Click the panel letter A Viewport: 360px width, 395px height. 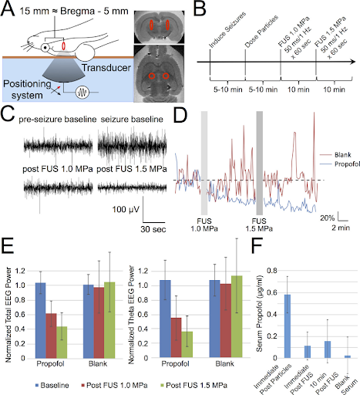(x=8, y=8)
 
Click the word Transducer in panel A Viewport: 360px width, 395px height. (x=106, y=68)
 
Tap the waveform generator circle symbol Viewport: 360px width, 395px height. (x=82, y=92)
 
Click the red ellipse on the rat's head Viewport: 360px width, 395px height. (x=63, y=46)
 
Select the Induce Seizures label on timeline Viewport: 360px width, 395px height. (x=227, y=29)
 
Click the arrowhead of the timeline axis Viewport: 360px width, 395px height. (x=353, y=62)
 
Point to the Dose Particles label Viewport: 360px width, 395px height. (x=261, y=32)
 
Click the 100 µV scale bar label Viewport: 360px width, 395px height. (x=126, y=209)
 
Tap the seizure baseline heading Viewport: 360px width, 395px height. (x=132, y=120)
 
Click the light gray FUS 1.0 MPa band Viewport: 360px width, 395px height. (x=204, y=163)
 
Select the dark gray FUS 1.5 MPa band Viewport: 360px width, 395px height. (x=260, y=163)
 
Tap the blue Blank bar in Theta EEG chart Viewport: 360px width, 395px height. (x=215, y=319)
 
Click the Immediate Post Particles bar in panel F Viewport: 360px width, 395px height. (x=288, y=326)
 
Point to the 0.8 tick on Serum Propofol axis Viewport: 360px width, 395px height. (x=272, y=271)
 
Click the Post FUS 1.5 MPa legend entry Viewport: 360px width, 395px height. (x=193, y=385)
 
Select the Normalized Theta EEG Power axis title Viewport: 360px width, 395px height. (x=131, y=315)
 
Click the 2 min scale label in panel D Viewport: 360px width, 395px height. (x=341, y=228)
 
